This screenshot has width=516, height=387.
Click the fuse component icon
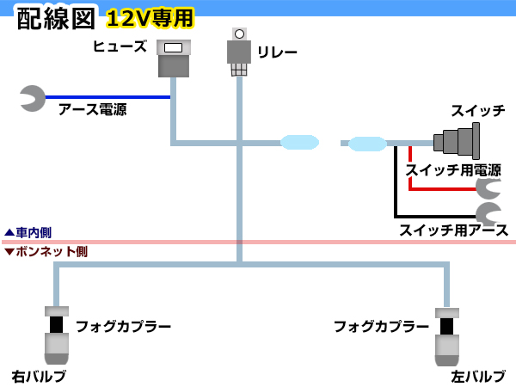174,58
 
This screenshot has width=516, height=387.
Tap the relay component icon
239,52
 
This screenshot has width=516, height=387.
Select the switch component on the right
457,141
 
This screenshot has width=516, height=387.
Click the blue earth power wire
107,97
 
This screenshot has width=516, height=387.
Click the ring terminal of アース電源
33,98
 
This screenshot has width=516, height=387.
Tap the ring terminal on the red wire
489,188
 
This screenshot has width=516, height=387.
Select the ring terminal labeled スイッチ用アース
489,213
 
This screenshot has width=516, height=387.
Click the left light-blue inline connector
299,143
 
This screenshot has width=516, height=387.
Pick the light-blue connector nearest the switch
367,144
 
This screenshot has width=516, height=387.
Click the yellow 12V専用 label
150,18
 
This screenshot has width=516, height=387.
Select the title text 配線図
56,19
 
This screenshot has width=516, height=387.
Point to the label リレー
277,52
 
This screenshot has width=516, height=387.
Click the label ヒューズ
120,46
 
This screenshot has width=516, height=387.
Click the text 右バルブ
39,377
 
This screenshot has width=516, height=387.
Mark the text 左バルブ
478,377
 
